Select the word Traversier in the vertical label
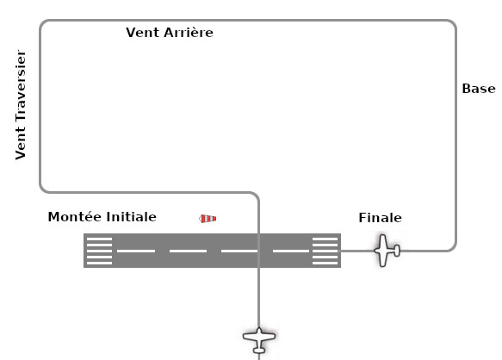[x=21, y=85]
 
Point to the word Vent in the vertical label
[x=21, y=143]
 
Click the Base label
[x=479, y=89]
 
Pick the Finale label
[x=380, y=218]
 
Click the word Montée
[x=75, y=217]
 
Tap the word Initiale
[x=131, y=217]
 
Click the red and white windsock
[x=208, y=219]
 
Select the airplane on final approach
[x=387, y=251]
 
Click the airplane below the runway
[x=259, y=339]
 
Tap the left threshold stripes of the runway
[x=99, y=251]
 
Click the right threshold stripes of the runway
[x=325, y=251]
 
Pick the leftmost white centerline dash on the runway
[x=136, y=251]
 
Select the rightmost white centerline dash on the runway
[x=291, y=251]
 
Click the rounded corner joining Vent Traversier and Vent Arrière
[x=44, y=24]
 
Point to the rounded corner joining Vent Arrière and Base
[x=452, y=24]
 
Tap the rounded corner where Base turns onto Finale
[x=453, y=247]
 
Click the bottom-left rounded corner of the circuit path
[x=44, y=189]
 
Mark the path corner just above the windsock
[x=256, y=195]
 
